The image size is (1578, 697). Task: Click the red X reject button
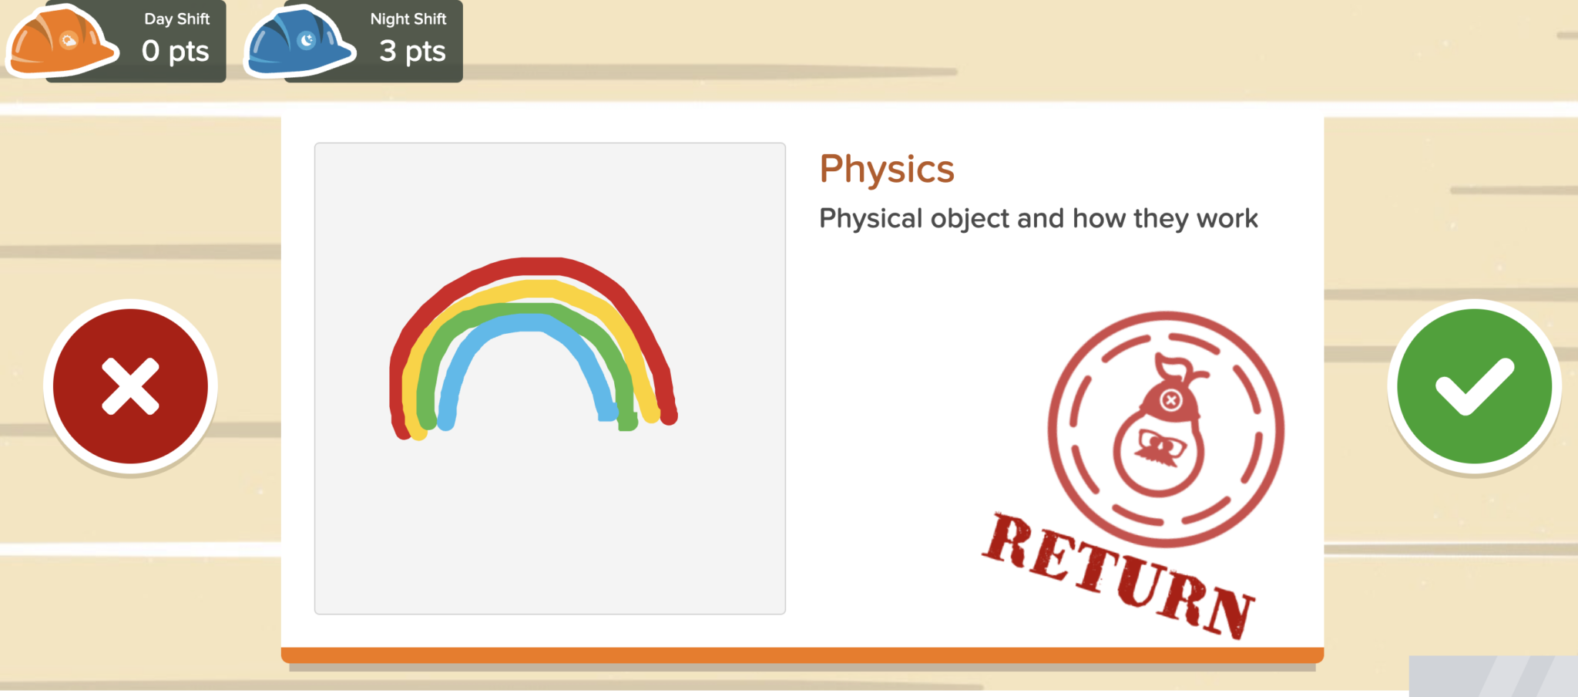[x=130, y=386]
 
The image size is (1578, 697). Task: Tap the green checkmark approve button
[x=1474, y=386]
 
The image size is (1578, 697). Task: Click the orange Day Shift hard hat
[x=62, y=42]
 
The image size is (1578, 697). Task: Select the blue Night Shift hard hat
[x=299, y=42]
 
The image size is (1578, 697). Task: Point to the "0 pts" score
[x=175, y=52]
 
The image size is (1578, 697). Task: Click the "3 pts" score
[x=412, y=52]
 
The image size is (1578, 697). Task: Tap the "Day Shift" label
[x=176, y=19]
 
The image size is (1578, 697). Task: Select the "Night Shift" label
[x=408, y=19]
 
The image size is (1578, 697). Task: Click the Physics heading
[x=887, y=169]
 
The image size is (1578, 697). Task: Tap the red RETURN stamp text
[x=1117, y=575]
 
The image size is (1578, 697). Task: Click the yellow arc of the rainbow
[x=539, y=289]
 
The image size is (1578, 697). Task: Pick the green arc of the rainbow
[x=532, y=310]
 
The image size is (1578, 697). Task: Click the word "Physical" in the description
[x=871, y=219]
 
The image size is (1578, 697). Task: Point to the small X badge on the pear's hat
[x=1171, y=400]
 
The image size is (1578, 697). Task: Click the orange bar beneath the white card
[x=801, y=655]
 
